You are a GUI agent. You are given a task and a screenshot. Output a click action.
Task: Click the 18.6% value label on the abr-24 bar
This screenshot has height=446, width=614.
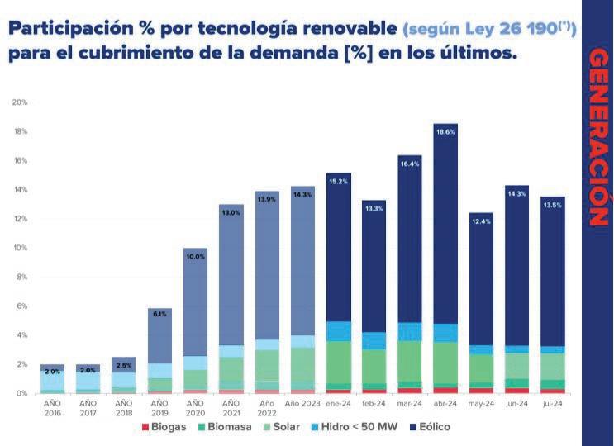coord(445,131)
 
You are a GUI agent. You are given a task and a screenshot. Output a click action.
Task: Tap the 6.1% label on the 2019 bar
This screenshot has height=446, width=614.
coord(159,315)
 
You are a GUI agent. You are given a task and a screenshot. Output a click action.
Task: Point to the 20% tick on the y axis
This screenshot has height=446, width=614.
coord(20,102)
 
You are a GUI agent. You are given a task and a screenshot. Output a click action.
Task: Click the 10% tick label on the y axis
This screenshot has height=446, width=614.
coord(20,248)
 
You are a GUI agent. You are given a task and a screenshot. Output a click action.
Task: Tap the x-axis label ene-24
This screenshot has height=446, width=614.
coord(338,404)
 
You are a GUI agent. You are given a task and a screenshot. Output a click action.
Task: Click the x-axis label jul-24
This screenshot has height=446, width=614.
coord(552,404)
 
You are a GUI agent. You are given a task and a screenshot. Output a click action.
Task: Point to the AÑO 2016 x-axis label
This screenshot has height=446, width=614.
coord(52,407)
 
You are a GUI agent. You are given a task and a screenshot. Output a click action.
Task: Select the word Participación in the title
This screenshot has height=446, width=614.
coord(62,30)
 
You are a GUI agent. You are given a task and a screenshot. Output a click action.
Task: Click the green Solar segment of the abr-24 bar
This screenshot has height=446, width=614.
coord(445,363)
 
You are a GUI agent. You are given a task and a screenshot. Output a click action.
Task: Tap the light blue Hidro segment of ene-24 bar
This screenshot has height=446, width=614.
coord(338,331)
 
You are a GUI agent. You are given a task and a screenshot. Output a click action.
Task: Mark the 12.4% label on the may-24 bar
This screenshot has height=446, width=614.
coord(481,221)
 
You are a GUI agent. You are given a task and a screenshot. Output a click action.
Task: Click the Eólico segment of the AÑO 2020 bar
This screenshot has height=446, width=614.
coord(195,306)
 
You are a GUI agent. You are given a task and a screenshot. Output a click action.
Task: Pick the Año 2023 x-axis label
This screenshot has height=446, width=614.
coord(302,404)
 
